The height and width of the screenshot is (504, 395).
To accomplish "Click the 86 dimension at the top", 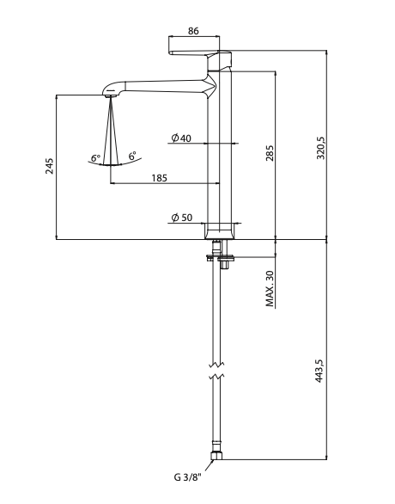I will pos(193,31).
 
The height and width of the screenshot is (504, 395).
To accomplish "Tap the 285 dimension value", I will pos(269,154).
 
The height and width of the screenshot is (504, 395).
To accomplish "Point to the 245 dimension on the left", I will pos(50,167).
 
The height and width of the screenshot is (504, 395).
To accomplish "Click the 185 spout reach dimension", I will pos(159,178).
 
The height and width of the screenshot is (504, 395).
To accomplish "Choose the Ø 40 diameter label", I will pos(180,138).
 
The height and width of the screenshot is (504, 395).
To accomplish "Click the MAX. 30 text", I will pos(270,289).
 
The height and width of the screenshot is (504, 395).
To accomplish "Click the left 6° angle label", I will pos(95,158).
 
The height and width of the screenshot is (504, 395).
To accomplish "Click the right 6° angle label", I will pos(132,157).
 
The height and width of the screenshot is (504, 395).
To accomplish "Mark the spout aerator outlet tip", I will pos(110,95).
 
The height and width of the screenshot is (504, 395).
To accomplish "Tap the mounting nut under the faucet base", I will pos(221,255).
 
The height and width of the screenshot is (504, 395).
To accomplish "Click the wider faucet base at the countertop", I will pos(221,231).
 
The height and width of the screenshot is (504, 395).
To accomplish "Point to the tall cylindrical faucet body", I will pos(221,155).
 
